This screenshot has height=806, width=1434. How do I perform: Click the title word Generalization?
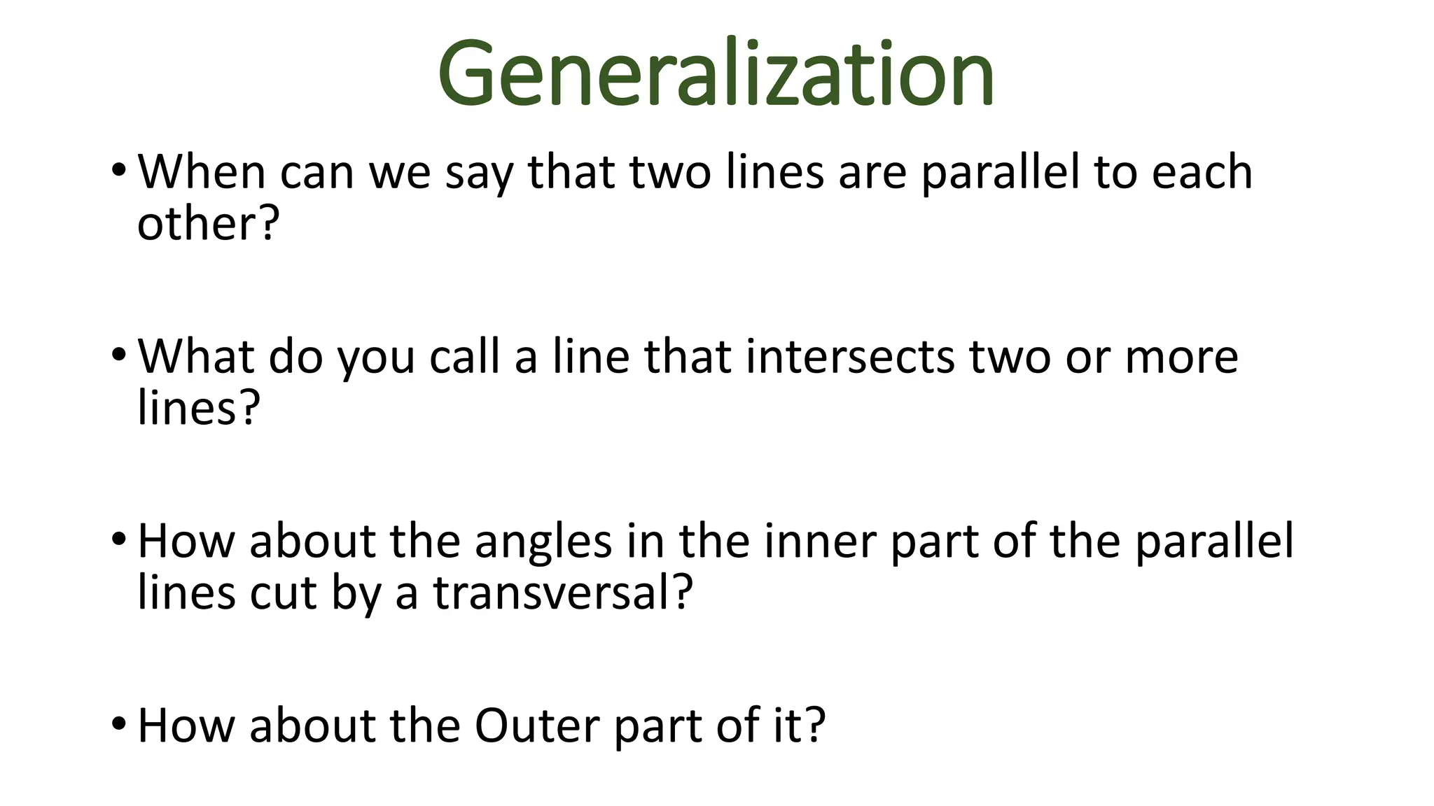pos(716,74)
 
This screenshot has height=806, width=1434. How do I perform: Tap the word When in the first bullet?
pos(202,171)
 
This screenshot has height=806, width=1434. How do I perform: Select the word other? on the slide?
pos(208,224)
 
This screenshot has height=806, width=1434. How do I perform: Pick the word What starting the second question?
pos(195,356)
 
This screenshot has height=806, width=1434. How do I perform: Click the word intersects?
pos(849,356)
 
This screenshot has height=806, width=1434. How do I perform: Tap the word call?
pos(464,356)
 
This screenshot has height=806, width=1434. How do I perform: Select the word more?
pos(1181,358)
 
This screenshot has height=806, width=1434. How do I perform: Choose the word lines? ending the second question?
pos(199,408)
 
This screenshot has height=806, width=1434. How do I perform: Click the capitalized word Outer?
pos(537,726)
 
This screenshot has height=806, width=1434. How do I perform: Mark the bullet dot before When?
pos(118,170)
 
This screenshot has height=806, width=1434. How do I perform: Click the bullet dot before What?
pos(118,355)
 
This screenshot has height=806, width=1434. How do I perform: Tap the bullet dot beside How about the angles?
pos(118,539)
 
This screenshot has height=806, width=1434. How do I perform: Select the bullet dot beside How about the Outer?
pos(118,724)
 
